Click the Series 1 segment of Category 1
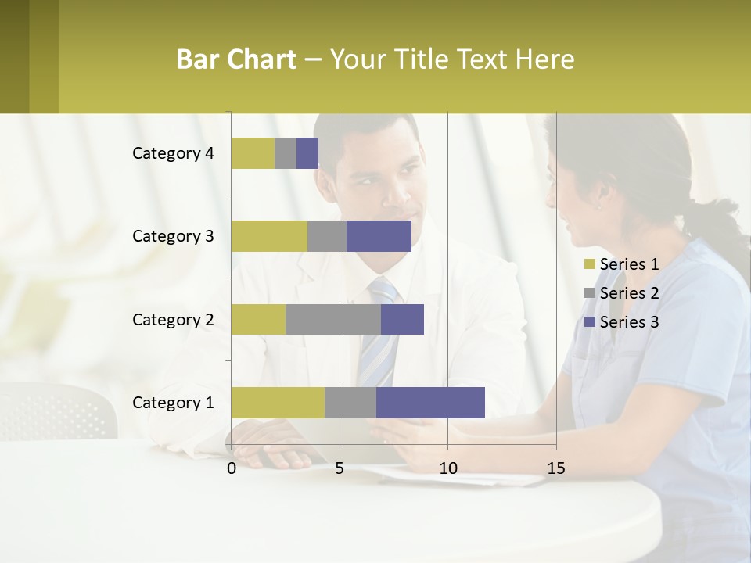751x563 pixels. pos(278,402)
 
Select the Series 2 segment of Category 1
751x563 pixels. pos(350,402)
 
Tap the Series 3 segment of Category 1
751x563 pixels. pos(430,402)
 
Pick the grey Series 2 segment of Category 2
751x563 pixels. pos(333,319)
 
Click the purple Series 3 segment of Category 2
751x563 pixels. pos(402,319)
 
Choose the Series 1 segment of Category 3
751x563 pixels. pos(269,236)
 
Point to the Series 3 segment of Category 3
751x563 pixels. pos(379,236)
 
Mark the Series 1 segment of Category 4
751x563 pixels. pos(253,153)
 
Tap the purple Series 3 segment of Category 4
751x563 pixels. pos(307,153)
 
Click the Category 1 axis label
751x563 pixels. pos(173,403)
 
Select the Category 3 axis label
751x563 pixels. pos(173,236)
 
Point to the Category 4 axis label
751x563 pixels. pos(173,153)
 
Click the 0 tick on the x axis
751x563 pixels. pos(232,468)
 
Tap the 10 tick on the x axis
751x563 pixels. pos(447,468)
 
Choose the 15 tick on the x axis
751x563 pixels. pos(556,468)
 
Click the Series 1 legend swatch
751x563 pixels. pos(590,264)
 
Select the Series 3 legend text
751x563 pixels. pos(629,322)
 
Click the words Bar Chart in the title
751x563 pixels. pos(236,59)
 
